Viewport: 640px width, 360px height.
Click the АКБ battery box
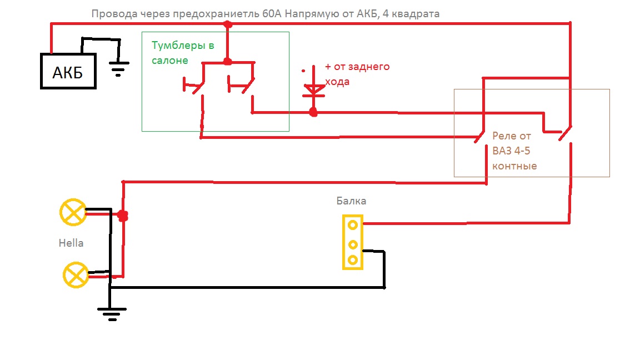[68, 71]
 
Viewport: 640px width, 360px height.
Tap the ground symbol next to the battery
[117, 68]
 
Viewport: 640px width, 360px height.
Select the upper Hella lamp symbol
[73, 212]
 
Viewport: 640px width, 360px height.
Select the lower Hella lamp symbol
[76, 275]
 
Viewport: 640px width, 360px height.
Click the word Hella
[71, 243]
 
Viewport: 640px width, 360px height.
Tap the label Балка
[351, 201]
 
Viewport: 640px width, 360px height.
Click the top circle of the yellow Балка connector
[352, 224]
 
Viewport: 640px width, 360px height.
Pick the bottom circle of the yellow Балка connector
[352, 259]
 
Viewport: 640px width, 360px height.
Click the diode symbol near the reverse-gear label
[314, 88]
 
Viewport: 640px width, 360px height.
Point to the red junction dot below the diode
[313, 113]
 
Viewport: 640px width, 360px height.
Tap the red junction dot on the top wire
[227, 24]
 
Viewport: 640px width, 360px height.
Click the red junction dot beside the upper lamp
[123, 216]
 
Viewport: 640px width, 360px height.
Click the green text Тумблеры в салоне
[183, 53]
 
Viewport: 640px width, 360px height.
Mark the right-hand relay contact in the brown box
[564, 134]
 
